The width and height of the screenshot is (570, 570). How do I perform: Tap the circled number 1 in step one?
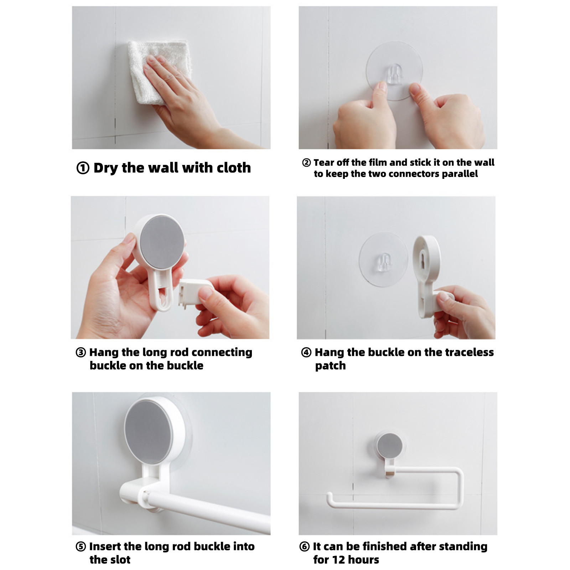[x=83, y=168]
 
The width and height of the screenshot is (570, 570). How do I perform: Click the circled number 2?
[x=306, y=163]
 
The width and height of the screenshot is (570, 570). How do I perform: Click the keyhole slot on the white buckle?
[x=423, y=258]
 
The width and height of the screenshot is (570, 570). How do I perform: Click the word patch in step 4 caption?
[x=330, y=366]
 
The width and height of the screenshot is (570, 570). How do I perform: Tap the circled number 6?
[x=305, y=546]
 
